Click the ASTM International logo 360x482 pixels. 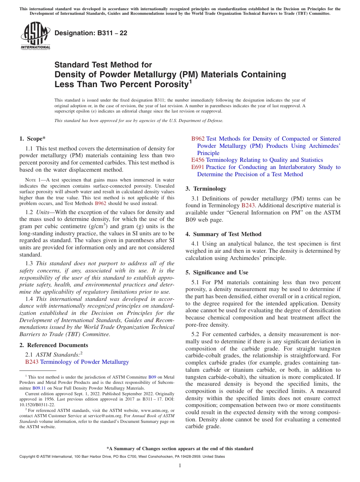[35, 36]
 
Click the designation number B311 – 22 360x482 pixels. [91, 33]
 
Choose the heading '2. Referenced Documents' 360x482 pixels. [53, 345]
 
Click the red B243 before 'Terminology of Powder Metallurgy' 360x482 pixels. [32, 362]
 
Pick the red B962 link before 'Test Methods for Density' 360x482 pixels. [198, 139]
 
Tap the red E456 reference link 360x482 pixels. [197, 160]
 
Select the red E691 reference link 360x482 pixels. [197, 167]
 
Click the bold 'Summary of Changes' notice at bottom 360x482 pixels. [180, 449]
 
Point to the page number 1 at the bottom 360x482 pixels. [180, 465]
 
